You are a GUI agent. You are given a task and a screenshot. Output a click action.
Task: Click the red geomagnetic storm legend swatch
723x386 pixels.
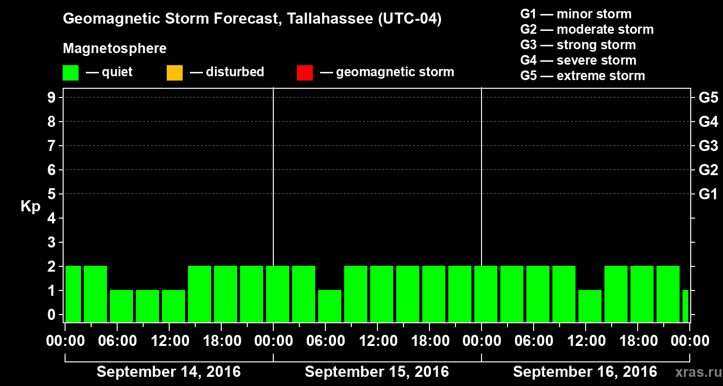pos(305,73)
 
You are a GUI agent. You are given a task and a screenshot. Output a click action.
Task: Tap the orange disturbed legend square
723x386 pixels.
pos(174,73)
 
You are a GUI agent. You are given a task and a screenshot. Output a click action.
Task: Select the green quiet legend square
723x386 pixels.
pos(70,73)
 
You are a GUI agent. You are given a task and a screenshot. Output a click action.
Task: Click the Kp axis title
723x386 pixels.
pos(30,207)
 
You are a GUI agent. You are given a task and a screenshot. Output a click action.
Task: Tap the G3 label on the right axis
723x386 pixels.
pos(708,146)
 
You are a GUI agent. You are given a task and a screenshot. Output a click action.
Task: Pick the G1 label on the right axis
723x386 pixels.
pos(708,194)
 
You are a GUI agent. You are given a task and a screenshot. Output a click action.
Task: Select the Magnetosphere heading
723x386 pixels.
pos(115,49)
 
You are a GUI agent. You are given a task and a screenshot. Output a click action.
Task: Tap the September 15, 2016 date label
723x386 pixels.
pos(377,372)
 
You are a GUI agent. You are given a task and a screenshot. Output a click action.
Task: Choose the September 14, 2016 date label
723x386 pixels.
pos(169,372)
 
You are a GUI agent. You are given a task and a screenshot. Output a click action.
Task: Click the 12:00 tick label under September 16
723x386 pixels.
pos(585,341)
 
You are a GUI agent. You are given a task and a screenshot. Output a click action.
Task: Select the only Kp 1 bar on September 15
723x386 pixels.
pos(330,306)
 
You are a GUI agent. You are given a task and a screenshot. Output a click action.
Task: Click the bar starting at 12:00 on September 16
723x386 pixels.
pos(590,306)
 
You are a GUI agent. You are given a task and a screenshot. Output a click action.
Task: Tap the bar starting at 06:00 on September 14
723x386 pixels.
pos(121,306)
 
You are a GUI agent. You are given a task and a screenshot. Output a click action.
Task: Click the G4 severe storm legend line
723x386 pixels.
pos(578,60)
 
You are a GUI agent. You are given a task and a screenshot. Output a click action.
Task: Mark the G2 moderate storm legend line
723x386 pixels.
pos(587,29)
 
